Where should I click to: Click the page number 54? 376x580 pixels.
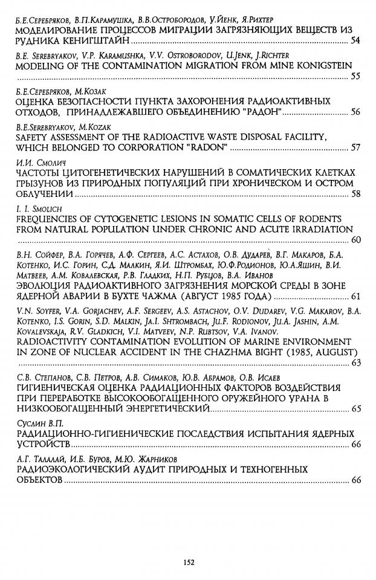click(x=355, y=40)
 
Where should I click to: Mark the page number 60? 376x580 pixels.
click(x=355, y=240)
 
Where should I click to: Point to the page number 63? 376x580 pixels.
click(x=355, y=363)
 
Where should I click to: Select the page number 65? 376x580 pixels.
click(x=355, y=409)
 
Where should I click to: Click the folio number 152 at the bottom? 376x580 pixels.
click(x=187, y=562)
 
